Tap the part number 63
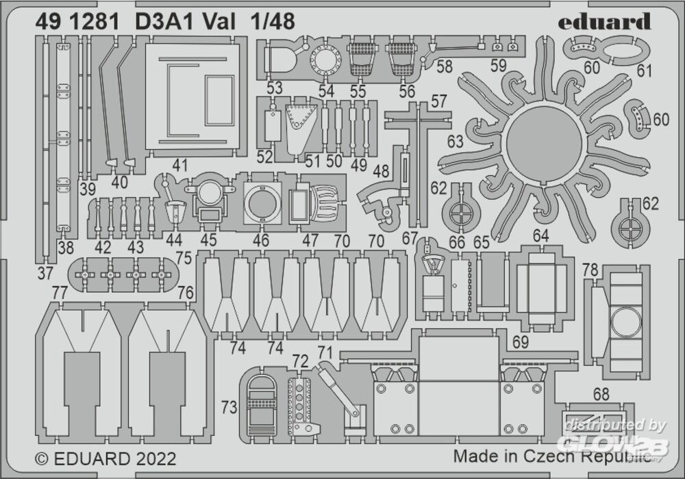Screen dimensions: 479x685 tap(455, 142)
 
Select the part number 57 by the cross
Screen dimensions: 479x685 tap(438, 101)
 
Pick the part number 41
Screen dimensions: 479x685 tap(180, 165)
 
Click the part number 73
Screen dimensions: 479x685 tap(229, 407)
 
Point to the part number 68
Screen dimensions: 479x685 tap(601, 394)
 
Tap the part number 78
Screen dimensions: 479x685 tap(590, 270)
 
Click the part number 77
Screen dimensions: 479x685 tap(60, 293)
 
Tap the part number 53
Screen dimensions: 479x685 tap(275, 88)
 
